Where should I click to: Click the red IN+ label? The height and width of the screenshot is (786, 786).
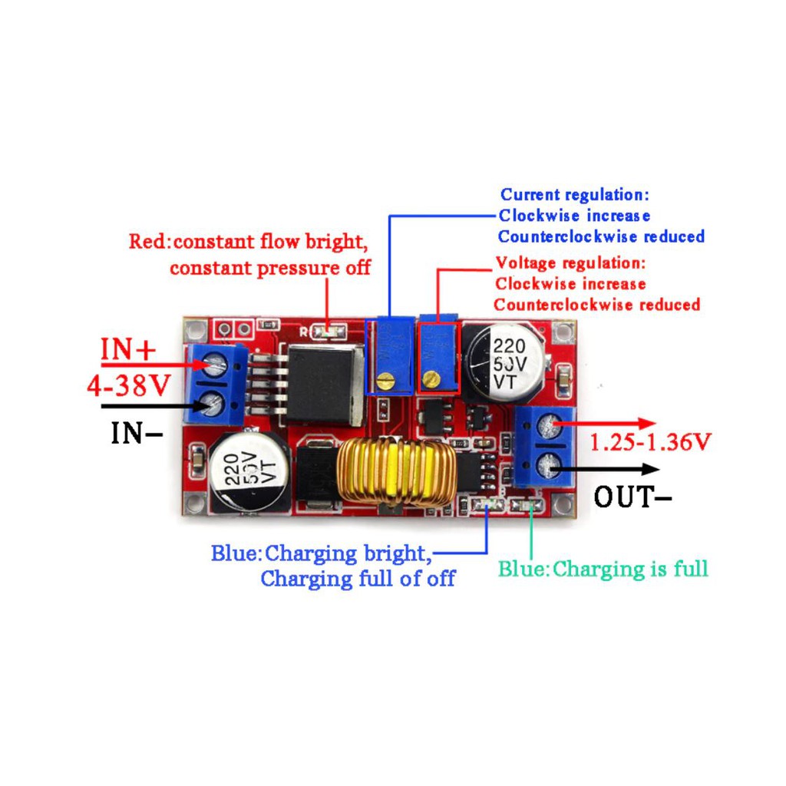128,352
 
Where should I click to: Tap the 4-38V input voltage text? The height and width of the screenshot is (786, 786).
128,385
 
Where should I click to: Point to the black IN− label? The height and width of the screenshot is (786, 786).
137,434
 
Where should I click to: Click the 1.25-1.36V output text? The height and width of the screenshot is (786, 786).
650,442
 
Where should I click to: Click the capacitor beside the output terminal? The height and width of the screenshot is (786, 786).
507,358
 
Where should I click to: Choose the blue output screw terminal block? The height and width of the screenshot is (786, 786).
546,446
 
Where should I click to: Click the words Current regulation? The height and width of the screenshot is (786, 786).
575,195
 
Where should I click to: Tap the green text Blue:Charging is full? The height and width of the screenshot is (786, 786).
603,570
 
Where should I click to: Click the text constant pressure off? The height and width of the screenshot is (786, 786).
269,268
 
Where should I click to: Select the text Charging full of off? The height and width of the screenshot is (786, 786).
358,579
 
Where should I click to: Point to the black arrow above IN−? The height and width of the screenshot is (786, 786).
150,406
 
